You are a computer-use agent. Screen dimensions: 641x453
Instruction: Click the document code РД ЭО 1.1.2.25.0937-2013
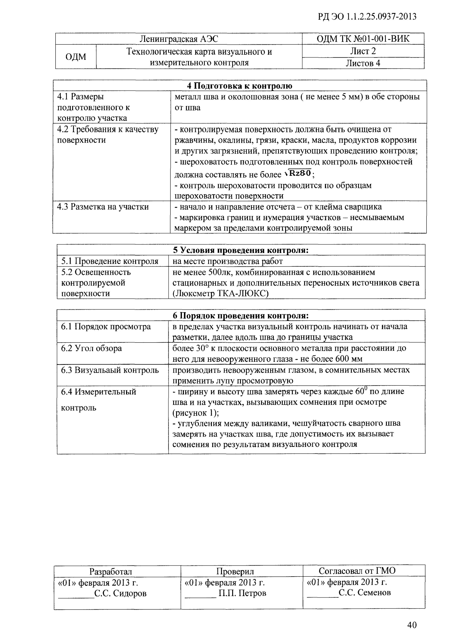click(367, 17)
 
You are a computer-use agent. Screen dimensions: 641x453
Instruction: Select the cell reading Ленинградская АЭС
click(179, 39)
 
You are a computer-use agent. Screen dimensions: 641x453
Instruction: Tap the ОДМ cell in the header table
click(76, 57)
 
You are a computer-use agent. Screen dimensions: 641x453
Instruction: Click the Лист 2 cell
click(363, 51)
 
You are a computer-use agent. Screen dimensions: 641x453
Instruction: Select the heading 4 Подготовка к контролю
click(239, 86)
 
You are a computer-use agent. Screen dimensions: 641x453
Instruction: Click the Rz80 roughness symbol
click(299, 173)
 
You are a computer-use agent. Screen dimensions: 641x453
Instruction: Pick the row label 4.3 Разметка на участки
click(103, 207)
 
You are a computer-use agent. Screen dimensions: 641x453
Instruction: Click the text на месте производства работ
click(227, 261)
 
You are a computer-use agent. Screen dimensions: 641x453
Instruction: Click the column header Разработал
click(111, 572)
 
